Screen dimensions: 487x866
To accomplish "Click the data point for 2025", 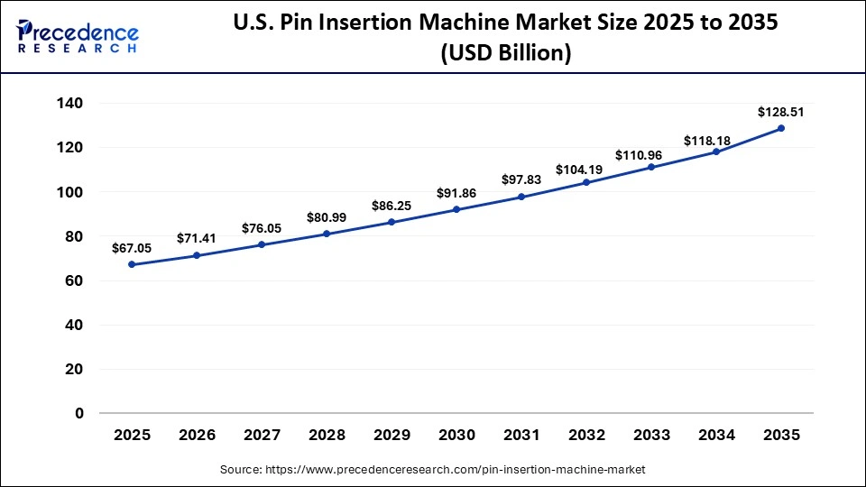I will click(x=132, y=264).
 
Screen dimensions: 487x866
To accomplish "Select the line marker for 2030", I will click(x=456, y=209).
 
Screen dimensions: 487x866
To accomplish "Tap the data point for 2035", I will click(x=781, y=128).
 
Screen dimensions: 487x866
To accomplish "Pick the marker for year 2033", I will click(x=651, y=167).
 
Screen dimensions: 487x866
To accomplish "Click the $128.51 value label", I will click(x=780, y=112).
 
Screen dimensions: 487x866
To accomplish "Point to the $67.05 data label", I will click(x=132, y=248).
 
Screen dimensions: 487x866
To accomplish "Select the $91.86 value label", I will click(x=456, y=193).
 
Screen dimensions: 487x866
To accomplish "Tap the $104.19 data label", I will click(x=586, y=169).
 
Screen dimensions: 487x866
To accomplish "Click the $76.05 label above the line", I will click(x=262, y=228).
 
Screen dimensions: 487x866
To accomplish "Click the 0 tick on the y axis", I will click(x=78, y=413).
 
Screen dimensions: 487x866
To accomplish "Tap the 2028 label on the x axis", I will click(x=327, y=435).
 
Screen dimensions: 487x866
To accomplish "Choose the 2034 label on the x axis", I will click(x=716, y=435).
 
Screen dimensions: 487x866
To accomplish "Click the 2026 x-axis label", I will click(x=197, y=435).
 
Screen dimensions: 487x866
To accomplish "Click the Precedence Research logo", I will click(x=78, y=35).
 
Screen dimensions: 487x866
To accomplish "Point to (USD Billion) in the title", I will click(x=505, y=54).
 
